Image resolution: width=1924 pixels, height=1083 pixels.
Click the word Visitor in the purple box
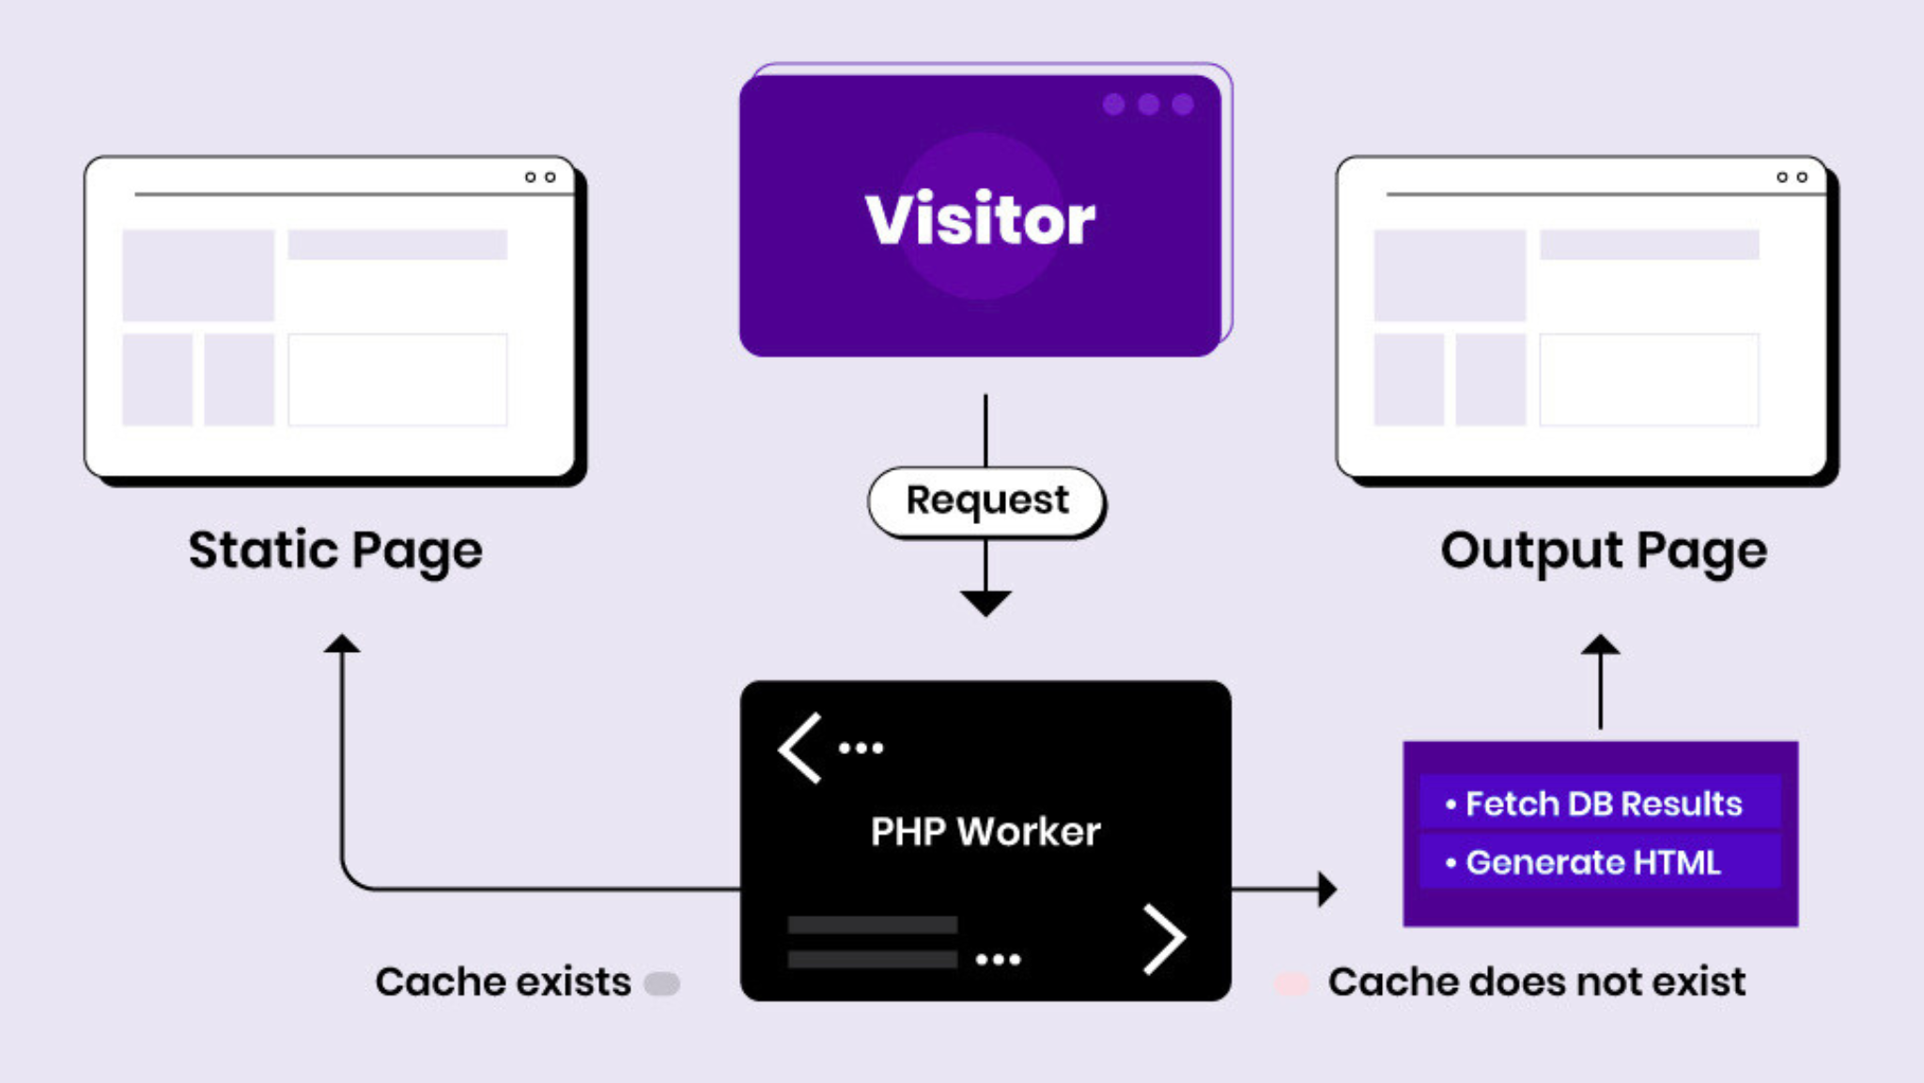tap(980, 219)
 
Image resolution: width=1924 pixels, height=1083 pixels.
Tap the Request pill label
tap(986, 501)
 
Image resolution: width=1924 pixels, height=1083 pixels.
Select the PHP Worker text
tap(985, 831)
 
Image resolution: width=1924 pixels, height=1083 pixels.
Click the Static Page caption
tap(335, 550)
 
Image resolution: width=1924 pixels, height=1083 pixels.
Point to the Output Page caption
tap(1604, 550)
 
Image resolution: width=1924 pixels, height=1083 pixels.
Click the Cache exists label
tap(503, 982)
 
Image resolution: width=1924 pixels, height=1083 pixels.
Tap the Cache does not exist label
tap(1536, 982)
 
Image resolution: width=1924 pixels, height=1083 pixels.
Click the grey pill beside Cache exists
tap(661, 983)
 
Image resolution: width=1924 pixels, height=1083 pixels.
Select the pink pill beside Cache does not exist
tap(1292, 983)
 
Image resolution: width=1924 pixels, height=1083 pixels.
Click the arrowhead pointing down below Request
tap(985, 602)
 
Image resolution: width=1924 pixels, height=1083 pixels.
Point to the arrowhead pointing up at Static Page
tap(342, 643)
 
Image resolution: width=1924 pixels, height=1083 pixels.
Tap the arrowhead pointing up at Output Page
tap(1601, 645)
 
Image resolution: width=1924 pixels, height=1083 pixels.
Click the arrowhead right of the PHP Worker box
tap(1327, 889)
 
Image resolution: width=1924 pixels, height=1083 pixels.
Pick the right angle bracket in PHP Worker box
tap(1165, 938)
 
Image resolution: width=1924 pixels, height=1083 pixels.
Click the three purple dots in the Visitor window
tap(1148, 104)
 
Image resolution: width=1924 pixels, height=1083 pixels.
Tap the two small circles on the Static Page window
tap(540, 177)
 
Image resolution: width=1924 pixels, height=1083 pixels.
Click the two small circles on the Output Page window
tap(1792, 177)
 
